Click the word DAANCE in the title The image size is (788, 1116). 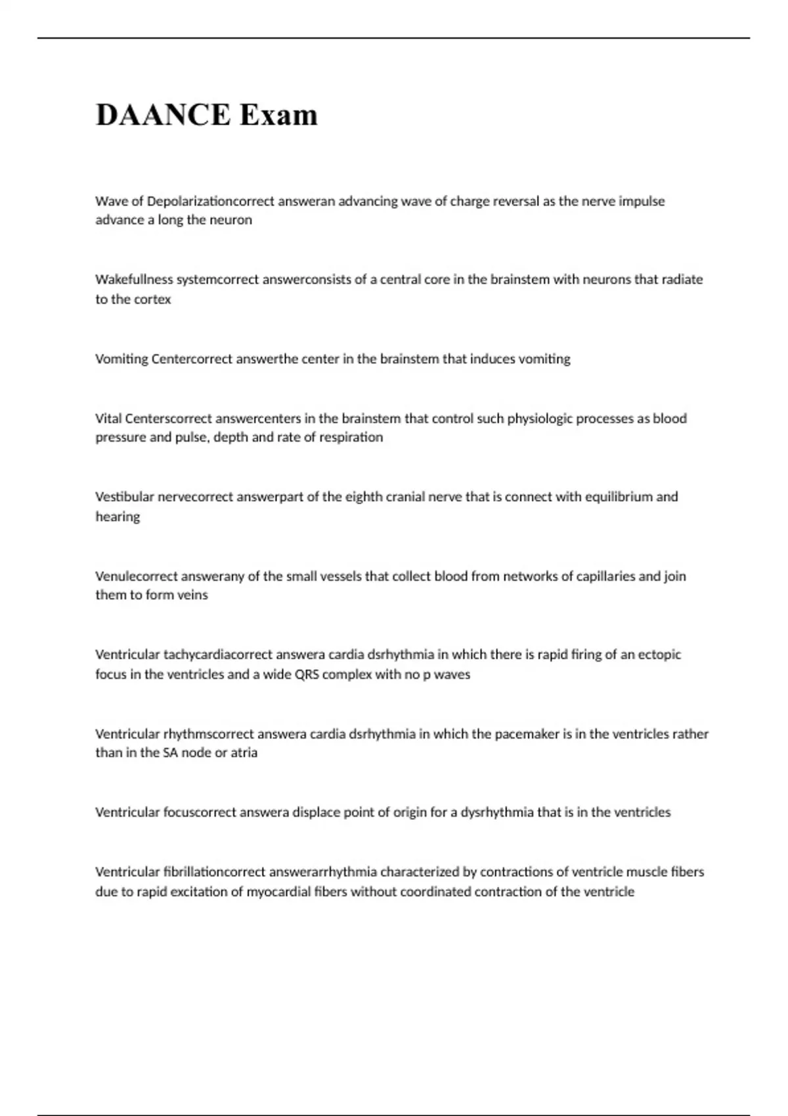(x=163, y=115)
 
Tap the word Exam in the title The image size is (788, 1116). (x=278, y=115)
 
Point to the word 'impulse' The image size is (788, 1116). (x=642, y=201)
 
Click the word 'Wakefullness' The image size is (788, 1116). (x=134, y=279)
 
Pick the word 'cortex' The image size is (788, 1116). (x=152, y=299)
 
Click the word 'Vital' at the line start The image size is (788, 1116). (x=108, y=418)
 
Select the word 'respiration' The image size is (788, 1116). (x=351, y=437)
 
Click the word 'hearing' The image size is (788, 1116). (x=118, y=517)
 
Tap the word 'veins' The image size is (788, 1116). (x=192, y=595)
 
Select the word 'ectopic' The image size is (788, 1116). (x=659, y=654)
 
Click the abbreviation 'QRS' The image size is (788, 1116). (x=305, y=674)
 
